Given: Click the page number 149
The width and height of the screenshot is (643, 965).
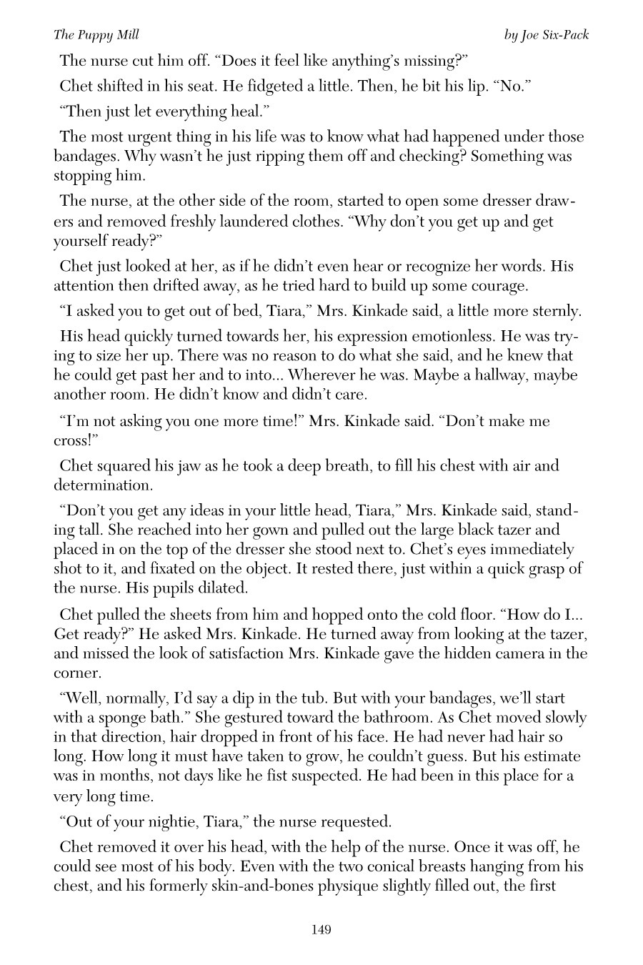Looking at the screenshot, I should [321, 929].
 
